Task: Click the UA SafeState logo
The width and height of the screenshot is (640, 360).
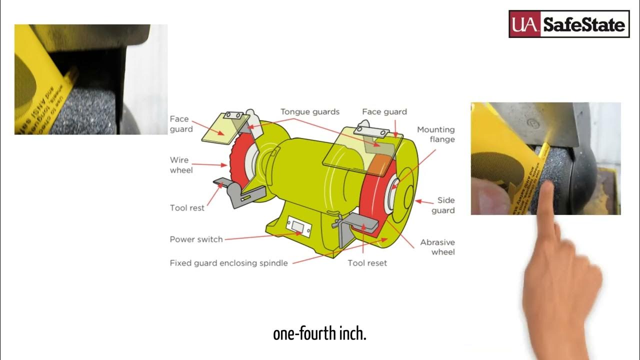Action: tap(569, 24)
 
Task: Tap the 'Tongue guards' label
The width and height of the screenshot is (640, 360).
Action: tap(310, 111)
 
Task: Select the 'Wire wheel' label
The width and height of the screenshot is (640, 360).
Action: tap(180, 165)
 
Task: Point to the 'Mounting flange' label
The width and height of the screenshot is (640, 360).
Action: tap(436, 134)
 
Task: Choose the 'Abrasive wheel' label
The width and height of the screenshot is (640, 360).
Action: tap(437, 247)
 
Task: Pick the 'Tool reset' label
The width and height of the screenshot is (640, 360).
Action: tap(367, 263)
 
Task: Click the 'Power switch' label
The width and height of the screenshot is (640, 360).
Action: tap(196, 239)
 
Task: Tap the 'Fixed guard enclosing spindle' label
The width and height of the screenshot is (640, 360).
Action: tap(228, 263)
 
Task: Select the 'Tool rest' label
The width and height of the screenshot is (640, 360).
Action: tap(187, 208)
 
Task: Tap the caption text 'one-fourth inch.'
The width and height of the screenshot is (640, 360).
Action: tap(320, 333)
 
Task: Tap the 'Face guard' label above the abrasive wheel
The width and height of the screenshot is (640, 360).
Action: tap(384, 111)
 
